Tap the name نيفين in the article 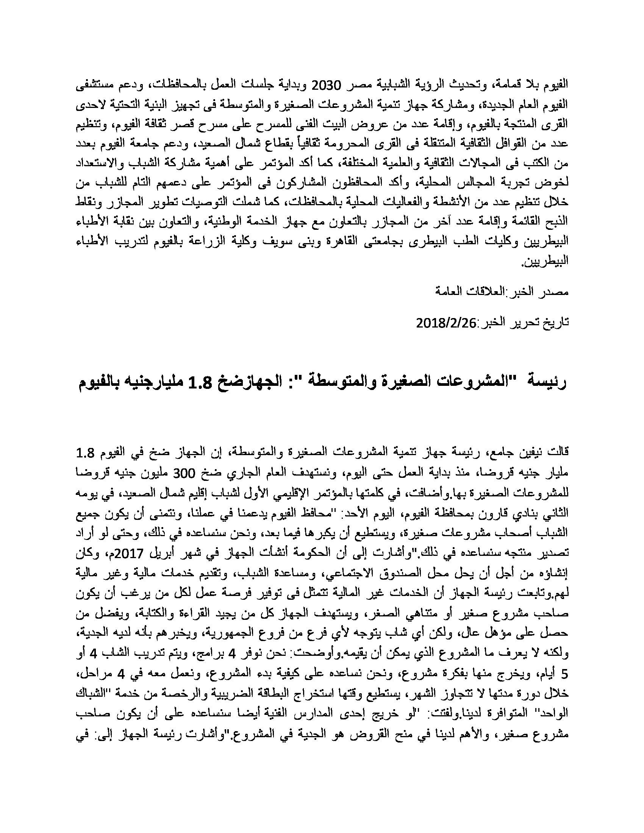[525, 454]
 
